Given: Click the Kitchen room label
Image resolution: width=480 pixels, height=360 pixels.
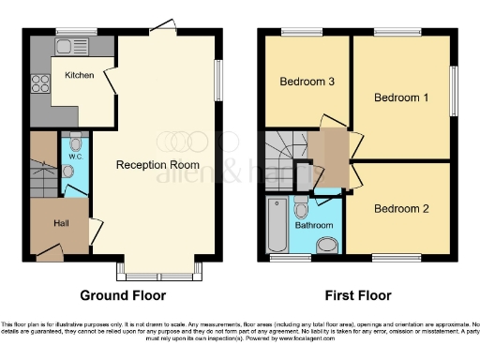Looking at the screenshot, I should tap(80, 74).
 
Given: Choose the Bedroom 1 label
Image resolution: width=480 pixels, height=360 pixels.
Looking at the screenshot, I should tap(401, 97).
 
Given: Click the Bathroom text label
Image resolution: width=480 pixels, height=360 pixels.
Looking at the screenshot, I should tap(313, 225).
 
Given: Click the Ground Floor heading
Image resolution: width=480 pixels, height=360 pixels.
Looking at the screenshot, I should tap(124, 294).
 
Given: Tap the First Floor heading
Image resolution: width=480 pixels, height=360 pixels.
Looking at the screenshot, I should tap(352, 294).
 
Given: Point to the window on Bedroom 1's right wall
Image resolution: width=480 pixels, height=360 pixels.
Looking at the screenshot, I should tap(456, 92).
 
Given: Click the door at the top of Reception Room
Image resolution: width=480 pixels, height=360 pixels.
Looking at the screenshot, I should tap(165, 26).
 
